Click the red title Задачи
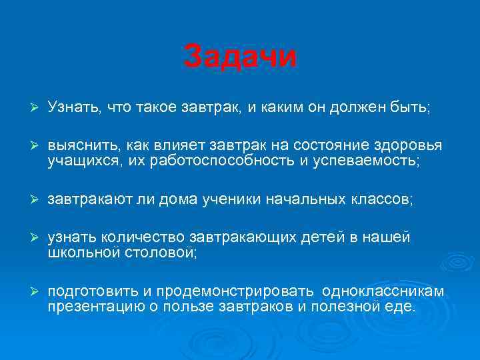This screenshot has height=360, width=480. pos(240,56)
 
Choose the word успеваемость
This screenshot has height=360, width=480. pos(367,161)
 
